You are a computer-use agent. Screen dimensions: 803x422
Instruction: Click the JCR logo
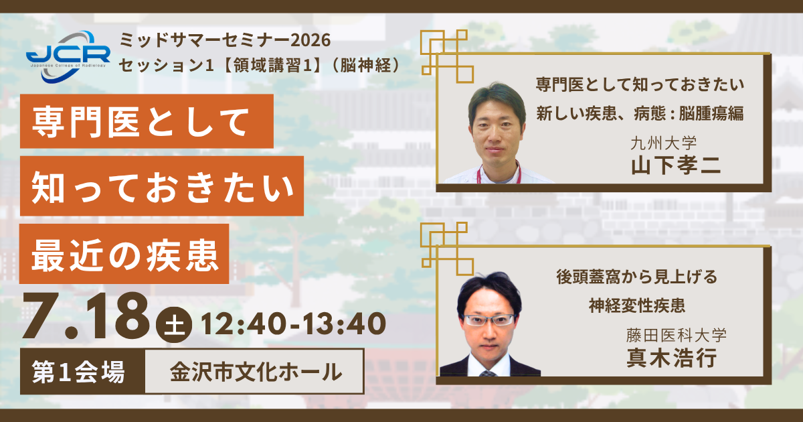68,57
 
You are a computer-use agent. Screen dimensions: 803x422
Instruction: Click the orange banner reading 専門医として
147,121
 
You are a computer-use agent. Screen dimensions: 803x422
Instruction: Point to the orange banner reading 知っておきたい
162,186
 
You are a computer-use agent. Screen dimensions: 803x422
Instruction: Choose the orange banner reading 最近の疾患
124,254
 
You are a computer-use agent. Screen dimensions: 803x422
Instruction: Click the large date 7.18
86,316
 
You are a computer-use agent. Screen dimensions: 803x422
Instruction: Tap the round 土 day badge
174,325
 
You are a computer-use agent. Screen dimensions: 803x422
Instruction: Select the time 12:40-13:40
294,324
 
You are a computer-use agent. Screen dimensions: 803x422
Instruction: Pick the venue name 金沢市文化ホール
256,372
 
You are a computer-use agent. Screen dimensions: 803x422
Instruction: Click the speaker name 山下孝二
676,166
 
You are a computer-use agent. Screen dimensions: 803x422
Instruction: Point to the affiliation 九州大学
664,143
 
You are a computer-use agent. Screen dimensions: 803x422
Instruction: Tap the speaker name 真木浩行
672,358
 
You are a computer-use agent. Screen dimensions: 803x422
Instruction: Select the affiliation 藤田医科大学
677,335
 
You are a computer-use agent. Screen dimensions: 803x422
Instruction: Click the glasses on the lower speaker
489,320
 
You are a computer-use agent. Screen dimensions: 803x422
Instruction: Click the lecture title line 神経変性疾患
637,305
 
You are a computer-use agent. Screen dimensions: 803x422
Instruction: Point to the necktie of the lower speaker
488,374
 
